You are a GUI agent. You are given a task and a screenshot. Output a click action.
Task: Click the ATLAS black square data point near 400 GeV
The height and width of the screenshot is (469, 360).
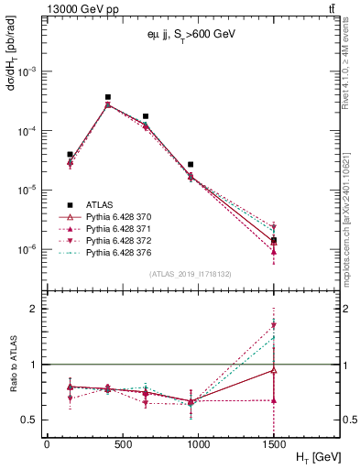[x=108, y=97]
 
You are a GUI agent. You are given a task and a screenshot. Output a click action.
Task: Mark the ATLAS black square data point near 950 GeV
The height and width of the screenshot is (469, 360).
[x=191, y=165]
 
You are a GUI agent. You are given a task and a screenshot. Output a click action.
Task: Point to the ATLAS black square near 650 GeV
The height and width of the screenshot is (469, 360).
[x=146, y=117]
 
